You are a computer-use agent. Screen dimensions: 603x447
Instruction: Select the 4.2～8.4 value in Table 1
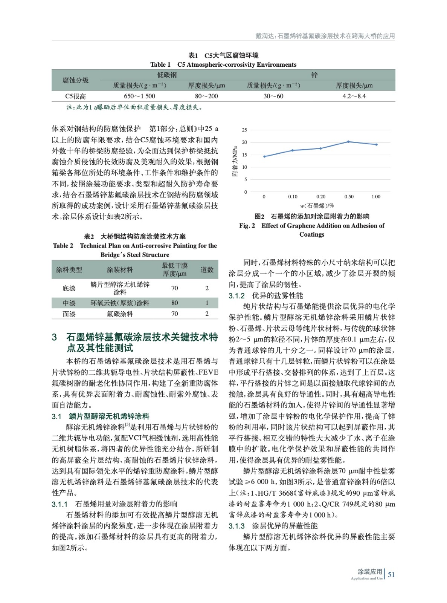click(x=354, y=96)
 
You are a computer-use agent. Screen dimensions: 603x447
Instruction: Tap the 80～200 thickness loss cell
click(x=206, y=96)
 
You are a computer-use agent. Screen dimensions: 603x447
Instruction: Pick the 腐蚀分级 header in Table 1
click(x=76, y=80)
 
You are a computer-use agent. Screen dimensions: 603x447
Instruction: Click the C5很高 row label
click(x=76, y=96)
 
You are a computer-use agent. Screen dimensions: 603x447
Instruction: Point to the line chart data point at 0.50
click(x=348, y=142)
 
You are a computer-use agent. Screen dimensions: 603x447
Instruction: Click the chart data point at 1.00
click(x=376, y=144)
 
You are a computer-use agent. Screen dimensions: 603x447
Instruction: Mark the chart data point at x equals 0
click(x=264, y=156)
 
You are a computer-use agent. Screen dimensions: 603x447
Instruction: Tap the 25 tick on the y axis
click(x=244, y=130)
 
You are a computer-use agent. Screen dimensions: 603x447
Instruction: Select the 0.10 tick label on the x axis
click(x=293, y=197)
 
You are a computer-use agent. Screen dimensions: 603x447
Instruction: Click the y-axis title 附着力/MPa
click(x=235, y=161)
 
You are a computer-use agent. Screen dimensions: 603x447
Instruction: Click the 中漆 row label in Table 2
click(x=69, y=303)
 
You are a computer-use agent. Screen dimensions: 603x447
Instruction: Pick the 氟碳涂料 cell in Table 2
click(x=120, y=314)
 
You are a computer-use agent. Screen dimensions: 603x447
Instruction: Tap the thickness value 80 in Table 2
click(x=174, y=303)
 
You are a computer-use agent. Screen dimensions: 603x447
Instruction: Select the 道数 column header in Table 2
click(x=207, y=269)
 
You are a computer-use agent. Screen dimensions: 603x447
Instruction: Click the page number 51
click(x=391, y=574)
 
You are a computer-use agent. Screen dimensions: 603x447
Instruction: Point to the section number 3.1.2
click(x=236, y=296)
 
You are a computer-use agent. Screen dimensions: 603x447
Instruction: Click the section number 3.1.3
click(x=236, y=526)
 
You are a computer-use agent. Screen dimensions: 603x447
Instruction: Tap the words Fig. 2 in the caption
click(x=247, y=226)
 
